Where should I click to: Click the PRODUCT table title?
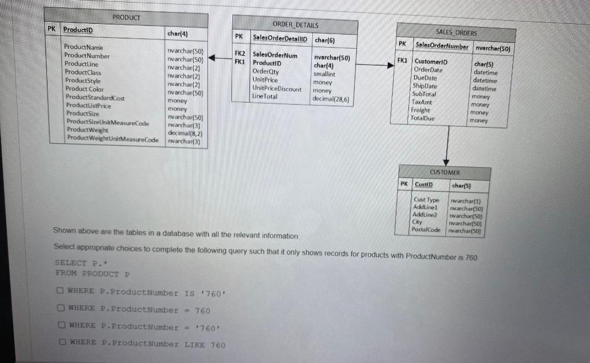click(126, 17)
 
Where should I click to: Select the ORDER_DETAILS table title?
click(295, 24)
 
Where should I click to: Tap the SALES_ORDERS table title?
click(456, 33)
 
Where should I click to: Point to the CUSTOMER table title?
click(445, 172)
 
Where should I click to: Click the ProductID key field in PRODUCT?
click(78, 30)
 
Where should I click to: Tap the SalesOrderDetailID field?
click(280, 38)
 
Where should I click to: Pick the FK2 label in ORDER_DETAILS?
click(240, 54)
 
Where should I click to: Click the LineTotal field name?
click(265, 96)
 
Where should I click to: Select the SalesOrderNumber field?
click(441, 47)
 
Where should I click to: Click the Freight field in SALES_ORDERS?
click(420, 110)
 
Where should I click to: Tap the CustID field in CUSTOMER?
click(423, 184)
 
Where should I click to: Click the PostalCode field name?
click(426, 229)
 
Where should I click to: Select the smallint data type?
click(324, 74)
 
